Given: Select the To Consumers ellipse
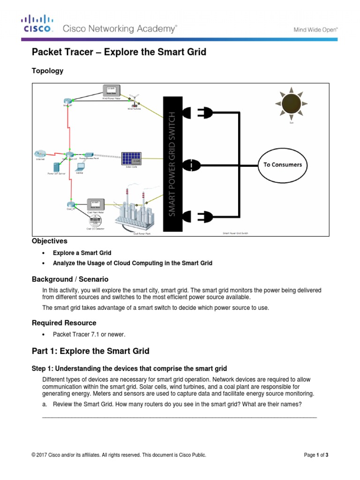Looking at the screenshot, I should click(x=282, y=165).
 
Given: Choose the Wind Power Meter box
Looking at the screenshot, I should click(x=112, y=91).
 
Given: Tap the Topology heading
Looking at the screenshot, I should click(x=47, y=71).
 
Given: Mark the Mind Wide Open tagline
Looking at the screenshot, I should click(x=315, y=29).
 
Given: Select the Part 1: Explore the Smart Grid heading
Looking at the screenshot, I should click(x=90, y=351).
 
